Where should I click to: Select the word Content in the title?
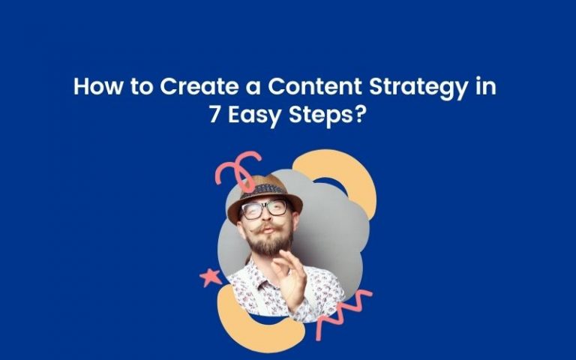[315, 86]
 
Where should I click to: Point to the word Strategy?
[419, 88]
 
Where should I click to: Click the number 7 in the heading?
[214, 115]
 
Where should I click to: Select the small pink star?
[211, 277]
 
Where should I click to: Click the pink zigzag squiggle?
[343, 312]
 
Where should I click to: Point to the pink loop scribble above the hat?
[238, 168]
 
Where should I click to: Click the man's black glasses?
[265, 208]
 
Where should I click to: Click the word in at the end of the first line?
[486, 86]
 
